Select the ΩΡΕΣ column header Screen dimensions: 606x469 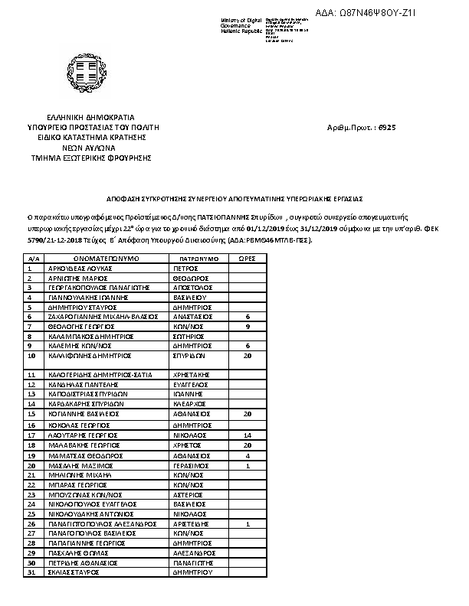point(247,260)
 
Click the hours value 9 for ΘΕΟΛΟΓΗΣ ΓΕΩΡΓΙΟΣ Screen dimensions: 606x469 point(247,326)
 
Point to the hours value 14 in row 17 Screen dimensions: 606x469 point(247,434)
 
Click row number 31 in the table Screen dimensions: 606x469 point(31,572)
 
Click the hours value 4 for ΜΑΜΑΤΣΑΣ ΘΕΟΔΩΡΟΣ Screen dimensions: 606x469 point(247,454)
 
